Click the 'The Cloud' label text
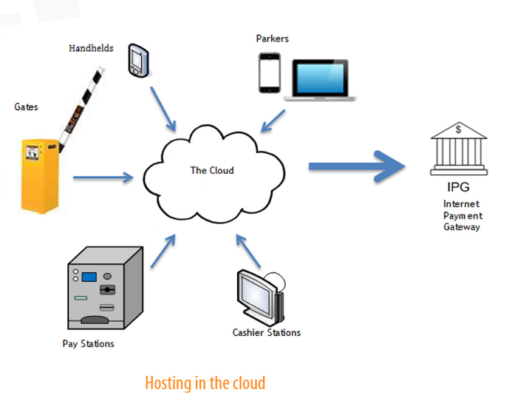pos(212,170)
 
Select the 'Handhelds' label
pos(91,48)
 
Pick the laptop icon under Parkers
pos(320,79)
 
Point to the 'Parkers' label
pos(273,38)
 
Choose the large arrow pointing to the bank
pos(358,166)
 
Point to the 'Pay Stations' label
pos(88,344)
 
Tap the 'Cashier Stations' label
pos(267,333)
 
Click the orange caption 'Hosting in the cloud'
pos(205,383)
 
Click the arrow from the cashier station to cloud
pos(248,252)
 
